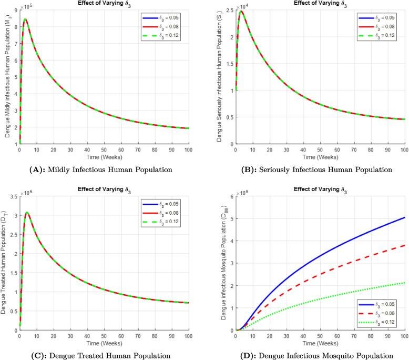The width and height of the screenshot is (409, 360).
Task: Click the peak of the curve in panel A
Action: [25, 19]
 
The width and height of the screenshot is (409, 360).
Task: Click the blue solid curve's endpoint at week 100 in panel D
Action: [404, 217]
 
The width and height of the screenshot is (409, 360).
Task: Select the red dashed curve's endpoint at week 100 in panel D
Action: [404, 245]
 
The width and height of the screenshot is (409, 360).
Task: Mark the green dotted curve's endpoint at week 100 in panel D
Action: [404, 283]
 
